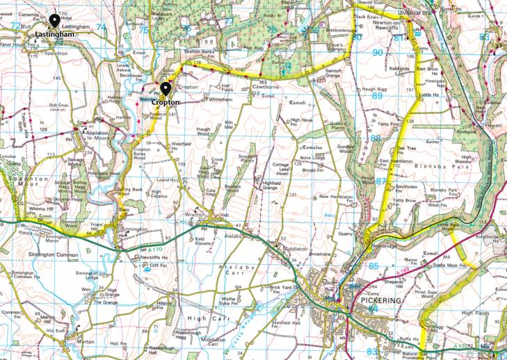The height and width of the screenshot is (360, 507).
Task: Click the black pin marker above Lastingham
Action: click(x=54, y=20)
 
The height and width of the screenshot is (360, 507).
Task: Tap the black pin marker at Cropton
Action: click(x=166, y=89)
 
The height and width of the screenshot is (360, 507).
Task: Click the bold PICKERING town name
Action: click(x=380, y=301)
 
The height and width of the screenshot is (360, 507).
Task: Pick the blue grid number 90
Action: click(x=378, y=52)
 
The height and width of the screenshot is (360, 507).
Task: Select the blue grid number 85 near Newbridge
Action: click(x=375, y=265)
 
